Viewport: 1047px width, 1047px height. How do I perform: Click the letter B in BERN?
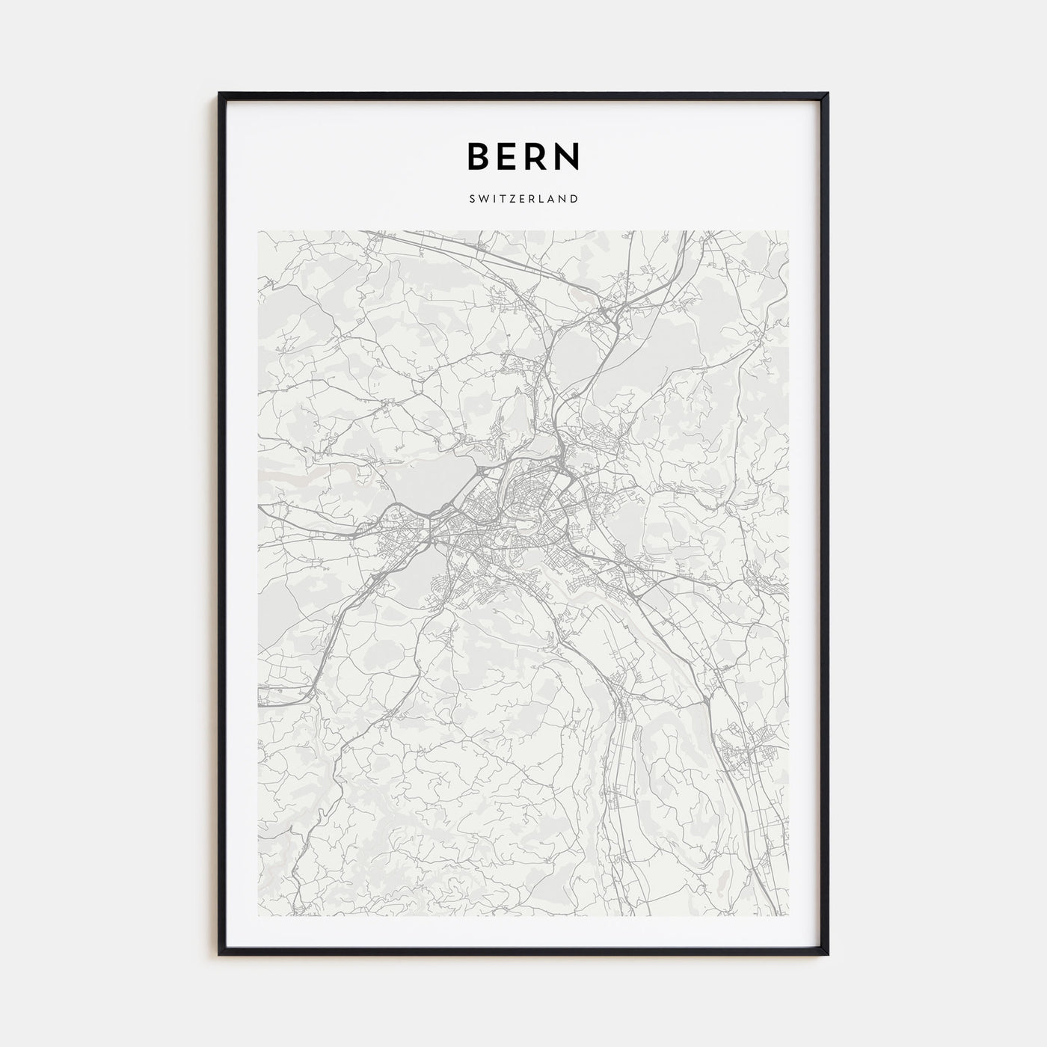tap(479, 156)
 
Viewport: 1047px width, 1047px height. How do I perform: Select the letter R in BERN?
tap(539, 156)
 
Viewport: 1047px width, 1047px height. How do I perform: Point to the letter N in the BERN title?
tap(568, 156)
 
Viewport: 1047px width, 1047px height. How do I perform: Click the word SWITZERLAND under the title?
tap(523, 199)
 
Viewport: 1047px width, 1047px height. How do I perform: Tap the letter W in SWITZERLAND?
tap(483, 199)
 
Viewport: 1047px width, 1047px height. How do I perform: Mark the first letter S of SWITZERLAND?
tap(473, 199)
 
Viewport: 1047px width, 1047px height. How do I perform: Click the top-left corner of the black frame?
tap(220, 94)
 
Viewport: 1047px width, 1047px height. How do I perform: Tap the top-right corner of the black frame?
tap(827, 94)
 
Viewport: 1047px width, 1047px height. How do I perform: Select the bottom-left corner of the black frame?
tap(220, 954)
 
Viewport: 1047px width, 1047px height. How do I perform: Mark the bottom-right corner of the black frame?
tap(827, 954)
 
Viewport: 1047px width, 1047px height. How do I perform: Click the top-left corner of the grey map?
tap(259, 231)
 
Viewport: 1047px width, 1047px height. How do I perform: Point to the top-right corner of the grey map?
tap(788, 231)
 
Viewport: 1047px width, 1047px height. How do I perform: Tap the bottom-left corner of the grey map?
tap(259, 915)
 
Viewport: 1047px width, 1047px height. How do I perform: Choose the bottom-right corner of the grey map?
tap(788, 915)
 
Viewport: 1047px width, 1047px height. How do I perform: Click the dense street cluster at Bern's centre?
tap(516, 516)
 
